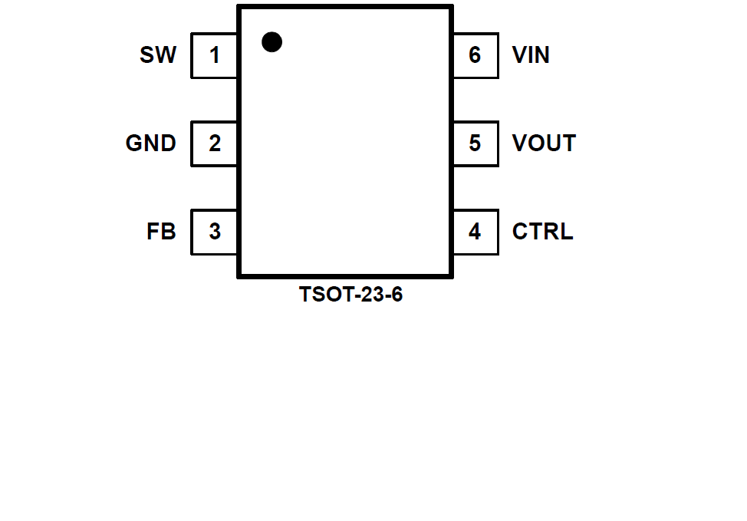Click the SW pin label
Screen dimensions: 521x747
[158, 55]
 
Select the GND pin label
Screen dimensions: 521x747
[151, 143]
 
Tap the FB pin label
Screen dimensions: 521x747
[161, 231]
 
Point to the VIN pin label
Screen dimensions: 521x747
[531, 55]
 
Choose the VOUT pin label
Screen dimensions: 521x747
[544, 143]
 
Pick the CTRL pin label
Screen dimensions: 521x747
[542, 231]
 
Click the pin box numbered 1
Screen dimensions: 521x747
[214, 55]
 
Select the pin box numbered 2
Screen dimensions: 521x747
[214, 143]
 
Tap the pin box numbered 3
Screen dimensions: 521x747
[214, 231]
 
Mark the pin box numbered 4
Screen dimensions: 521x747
[475, 231]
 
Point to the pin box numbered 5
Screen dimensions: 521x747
[475, 143]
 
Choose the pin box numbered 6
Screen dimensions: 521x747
[475, 55]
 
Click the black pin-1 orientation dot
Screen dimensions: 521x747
[271, 41]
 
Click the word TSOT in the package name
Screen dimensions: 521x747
[322, 295]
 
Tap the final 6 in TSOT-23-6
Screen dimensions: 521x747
[396, 295]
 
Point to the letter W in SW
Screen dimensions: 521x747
[166, 55]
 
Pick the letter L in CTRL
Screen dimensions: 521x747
[566, 231]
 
